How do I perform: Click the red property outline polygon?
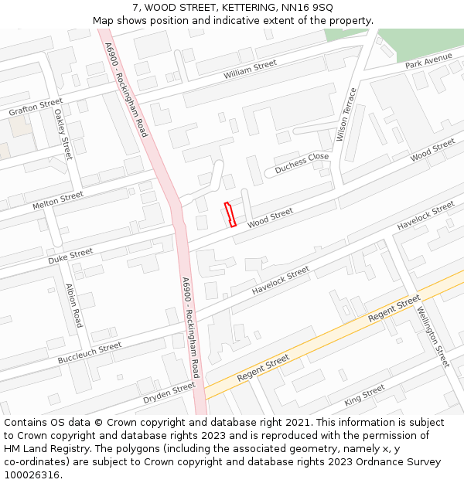pyautogui.click(x=230, y=214)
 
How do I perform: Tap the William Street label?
pyautogui.click(x=250, y=70)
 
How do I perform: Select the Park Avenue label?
pyautogui.click(x=428, y=61)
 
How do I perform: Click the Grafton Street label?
pyautogui.click(x=36, y=107)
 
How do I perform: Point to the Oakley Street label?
pyautogui.click(x=63, y=134)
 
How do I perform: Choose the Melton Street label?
pyautogui.click(x=57, y=201)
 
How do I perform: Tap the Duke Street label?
pyautogui.click(x=70, y=256)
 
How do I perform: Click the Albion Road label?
pyautogui.click(x=74, y=306)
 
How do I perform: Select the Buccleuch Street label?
pyautogui.click(x=89, y=353)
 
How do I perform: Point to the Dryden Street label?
pyautogui.click(x=169, y=393)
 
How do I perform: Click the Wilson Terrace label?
pyautogui.click(x=347, y=115)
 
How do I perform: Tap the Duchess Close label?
pyautogui.click(x=302, y=162)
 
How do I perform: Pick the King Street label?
pyautogui.click(x=364, y=395)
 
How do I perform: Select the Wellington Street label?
pyautogui.click(x=432, y=337)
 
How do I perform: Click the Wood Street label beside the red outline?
pyautogui.click(x=270, y=218)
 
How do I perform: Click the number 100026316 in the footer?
pyautogui.click(x=31, y=474)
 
